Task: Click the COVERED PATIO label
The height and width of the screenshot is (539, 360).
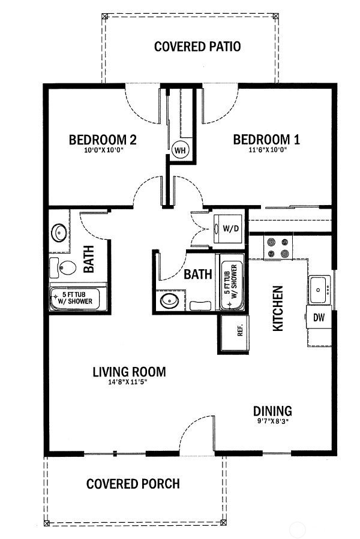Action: (197, 46)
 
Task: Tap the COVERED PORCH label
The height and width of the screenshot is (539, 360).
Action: (133, 483)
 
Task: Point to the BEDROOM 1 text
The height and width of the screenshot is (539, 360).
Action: (266, 140)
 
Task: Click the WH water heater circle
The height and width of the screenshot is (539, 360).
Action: (180, 150)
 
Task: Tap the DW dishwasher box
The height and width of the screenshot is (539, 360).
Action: (319, 318)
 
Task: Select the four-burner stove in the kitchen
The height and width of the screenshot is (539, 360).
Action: (277, 248)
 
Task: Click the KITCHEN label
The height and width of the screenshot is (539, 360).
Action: (278, 308)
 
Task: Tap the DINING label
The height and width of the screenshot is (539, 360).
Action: (272, 411)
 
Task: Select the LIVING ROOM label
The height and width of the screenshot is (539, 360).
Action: (129, 372)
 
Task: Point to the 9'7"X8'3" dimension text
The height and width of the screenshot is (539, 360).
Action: (272, 421)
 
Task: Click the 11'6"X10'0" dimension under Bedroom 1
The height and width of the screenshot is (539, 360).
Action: (266, 150)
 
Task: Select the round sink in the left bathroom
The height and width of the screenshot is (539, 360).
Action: (59, 231)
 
